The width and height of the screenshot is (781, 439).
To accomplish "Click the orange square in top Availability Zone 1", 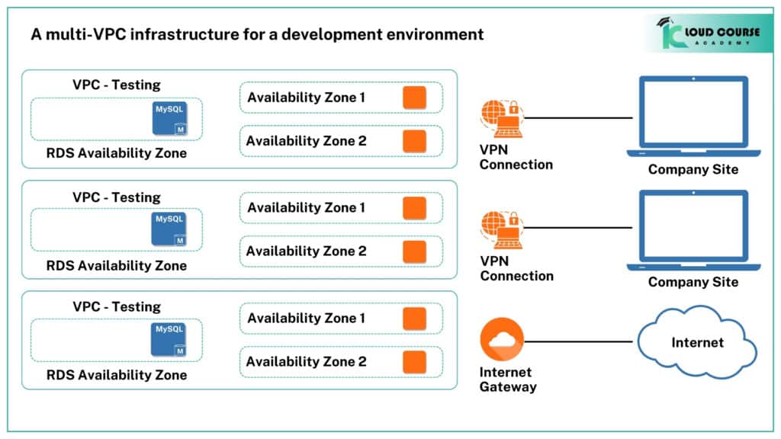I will (x=414, y=98).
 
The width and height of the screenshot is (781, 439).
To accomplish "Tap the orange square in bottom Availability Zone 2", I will (x=414, y=361).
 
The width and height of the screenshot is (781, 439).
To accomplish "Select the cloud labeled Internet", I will (x=696, y=344).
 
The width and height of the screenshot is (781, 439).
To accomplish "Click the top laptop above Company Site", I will (x=693, y=115).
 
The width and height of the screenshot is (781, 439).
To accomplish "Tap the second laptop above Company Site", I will (x=693, y=228).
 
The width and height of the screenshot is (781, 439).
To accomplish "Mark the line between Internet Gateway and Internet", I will (x=580, y=341).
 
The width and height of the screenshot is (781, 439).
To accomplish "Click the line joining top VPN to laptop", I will (x=580, y=118).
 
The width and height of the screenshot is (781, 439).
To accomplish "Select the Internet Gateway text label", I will (x=507, y=380).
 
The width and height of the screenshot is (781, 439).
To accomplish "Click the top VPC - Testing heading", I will (x=117, y=85).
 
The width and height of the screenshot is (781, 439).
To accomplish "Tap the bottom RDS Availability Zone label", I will (x=116, y=375).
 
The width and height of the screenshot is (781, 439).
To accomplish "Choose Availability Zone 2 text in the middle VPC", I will (x=306, y=251).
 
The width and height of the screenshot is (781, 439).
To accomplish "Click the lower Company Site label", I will (x=693, y=282).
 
